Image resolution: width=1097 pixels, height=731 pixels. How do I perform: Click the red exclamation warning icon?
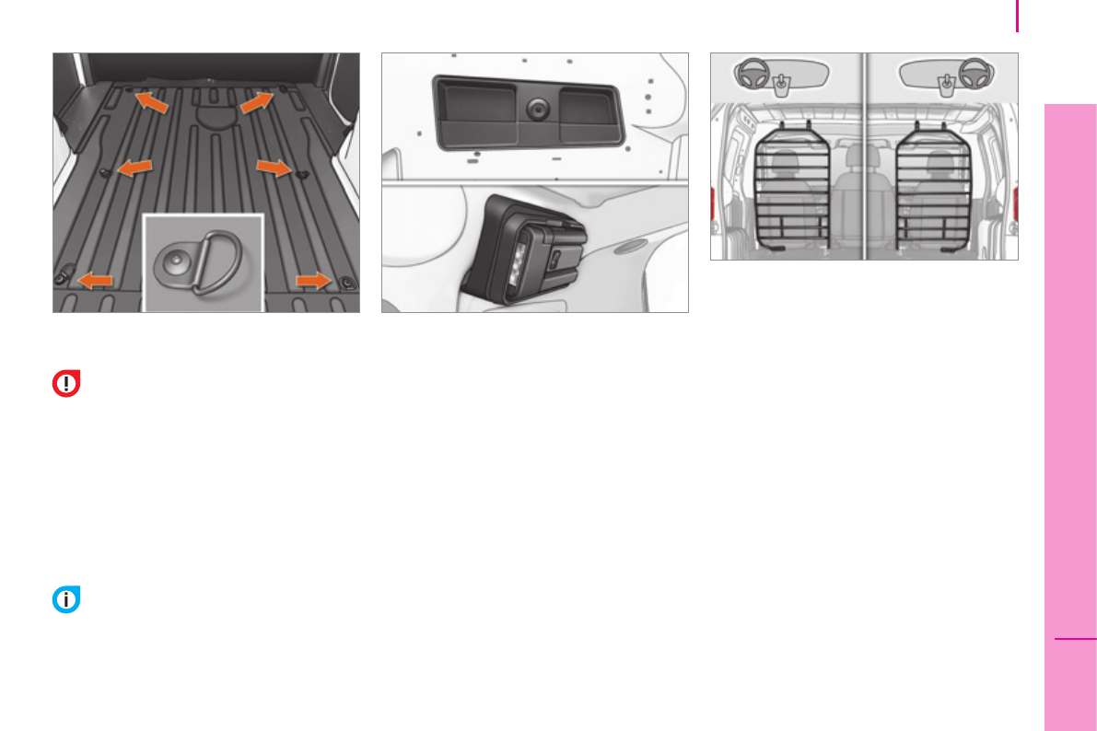[x=66, y=384]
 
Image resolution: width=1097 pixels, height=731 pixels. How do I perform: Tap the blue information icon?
[x=66, y=600]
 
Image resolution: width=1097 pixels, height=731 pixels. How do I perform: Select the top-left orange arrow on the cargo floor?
[x=153, y=102]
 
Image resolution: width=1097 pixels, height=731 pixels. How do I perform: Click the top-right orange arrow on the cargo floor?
[x=257, y=102]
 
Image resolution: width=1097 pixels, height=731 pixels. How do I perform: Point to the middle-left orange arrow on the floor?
[x=136, y=167]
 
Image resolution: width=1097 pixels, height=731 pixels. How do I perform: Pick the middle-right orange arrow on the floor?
[x=274, y=167]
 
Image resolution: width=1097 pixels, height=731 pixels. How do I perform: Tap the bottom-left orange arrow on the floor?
[x=96, y=279]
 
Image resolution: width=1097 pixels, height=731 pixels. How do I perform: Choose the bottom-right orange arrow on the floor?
[x=314, y=279]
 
